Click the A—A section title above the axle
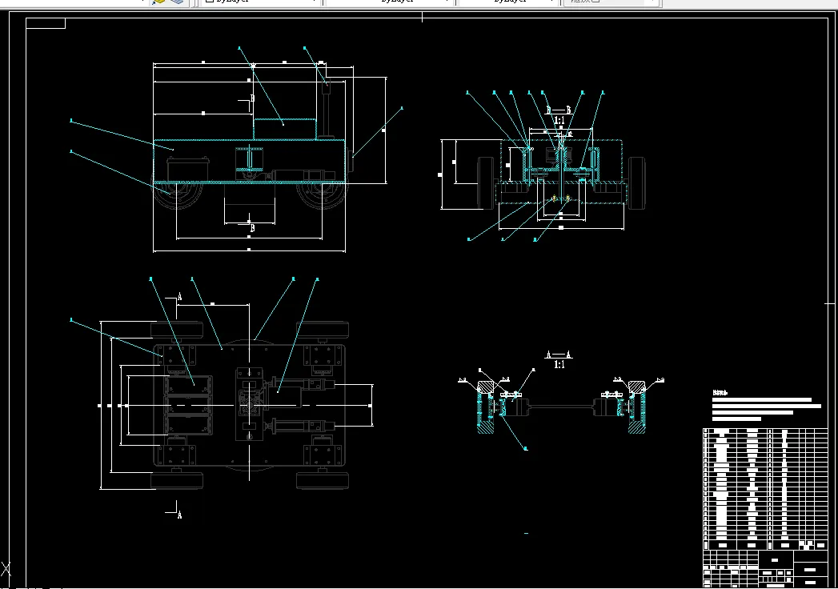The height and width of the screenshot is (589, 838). (x=559, y=354)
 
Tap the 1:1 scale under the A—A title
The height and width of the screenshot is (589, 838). (x=559, y=364)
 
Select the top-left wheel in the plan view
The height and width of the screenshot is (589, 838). (x=177, y=328)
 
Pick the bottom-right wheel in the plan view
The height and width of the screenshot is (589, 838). (x=323, y=480)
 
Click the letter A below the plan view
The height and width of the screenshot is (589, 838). (x=179, y=515)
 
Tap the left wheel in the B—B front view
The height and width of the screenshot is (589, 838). (x=485, y=184)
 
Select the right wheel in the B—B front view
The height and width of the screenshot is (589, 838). (x=636, y=184)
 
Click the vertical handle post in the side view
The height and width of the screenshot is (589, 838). (x=327, y=112)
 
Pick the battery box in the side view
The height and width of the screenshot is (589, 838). (x=190, y=170)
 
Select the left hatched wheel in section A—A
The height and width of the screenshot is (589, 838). (x=485, y=410)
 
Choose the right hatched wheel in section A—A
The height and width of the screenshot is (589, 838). (x=636, y=410)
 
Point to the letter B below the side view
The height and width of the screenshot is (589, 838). (x=253, y=228)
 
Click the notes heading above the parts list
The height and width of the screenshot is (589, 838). (x=722, y=393)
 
